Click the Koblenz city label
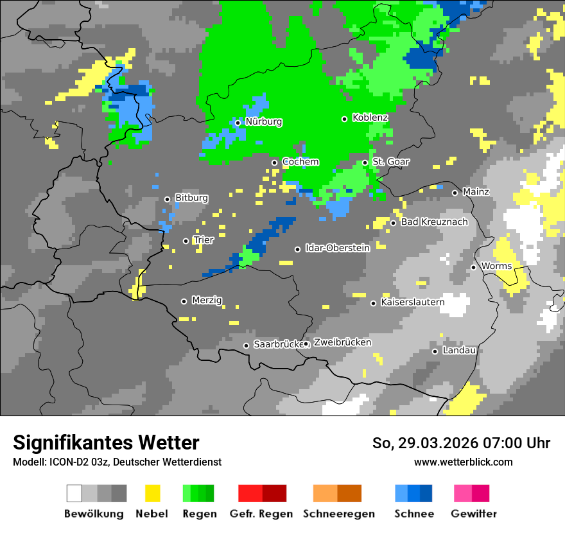pos(370,118)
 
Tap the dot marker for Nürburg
pos(238,123)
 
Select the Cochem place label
pos(300,162)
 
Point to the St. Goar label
pos(391,162)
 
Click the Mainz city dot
pos(455,193)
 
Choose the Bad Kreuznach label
pos(434,222)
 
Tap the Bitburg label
pos(191,198)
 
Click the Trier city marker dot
pos(186,241)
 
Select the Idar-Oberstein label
pos(337,248)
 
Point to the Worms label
pos(496,266)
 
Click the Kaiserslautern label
pos(412,302)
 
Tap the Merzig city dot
pos(184,301)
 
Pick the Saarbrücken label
pos(278,344)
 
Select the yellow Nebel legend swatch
pos(152,493)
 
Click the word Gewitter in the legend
pos(474,514)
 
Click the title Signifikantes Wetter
pos(106,442)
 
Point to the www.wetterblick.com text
pos(463,462)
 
